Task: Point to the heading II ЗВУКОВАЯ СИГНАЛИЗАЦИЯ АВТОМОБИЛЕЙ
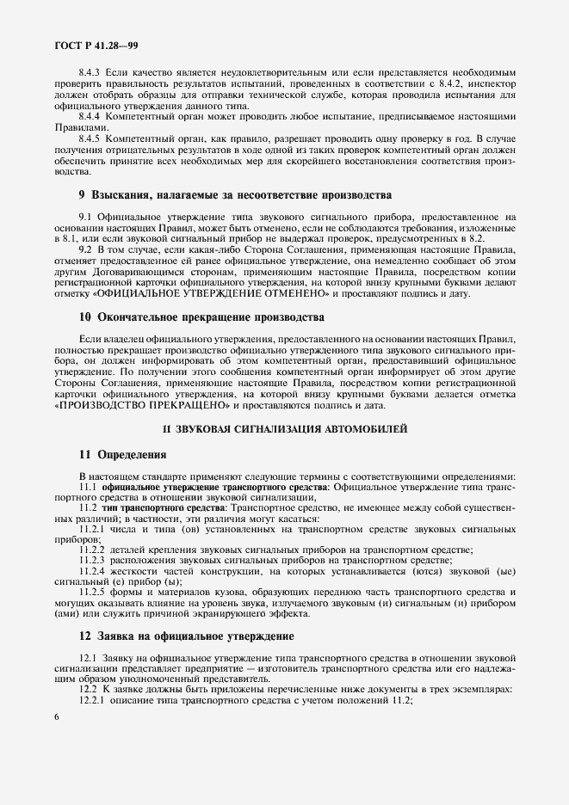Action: pyautogui.click(x=285, y=428)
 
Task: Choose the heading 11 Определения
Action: pyautogui.click(x=117, y=454)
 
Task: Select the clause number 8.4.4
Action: pyautogui.click(x=90, y=116)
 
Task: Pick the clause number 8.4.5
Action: pyautogui.click(x=90, y=138)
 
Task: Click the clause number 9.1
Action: pyautogui.click(x=85, y=218)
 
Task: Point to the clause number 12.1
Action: pyautogui.click(x=88, y=658)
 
